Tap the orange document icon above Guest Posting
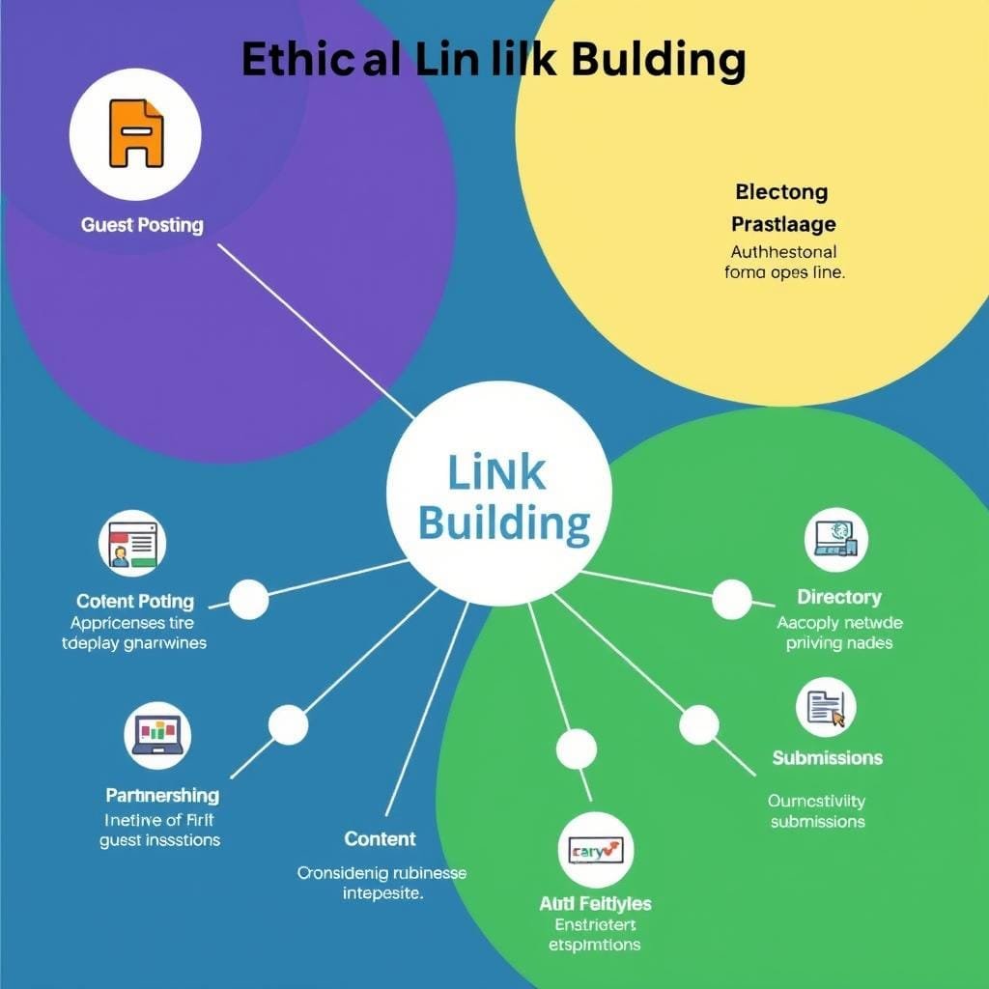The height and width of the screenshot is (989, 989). click(x=136, y=133)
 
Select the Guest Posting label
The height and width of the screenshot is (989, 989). click(x=142, y=225)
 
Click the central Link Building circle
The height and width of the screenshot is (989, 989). click(x=499, y=495)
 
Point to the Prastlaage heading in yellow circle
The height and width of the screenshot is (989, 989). click(x=783, y=224)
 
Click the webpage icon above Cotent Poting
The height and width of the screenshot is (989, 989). click(x=132, y=543)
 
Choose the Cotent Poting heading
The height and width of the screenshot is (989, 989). click(x=135, y=602)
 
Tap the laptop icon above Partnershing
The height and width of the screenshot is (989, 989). click(x=158, y=734)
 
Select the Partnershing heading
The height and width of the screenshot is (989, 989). click(x=162, y=795)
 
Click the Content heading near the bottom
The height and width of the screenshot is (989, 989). click(x=381, y=838)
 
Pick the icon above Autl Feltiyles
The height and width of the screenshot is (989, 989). click(x=596, y=851)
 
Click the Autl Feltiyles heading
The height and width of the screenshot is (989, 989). click(x=595, y=903)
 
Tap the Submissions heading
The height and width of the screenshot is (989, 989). click(x=828, y=757)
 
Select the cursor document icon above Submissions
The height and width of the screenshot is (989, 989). click(x=826, y=708)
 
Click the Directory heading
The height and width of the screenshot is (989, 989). click(x=839, y=597)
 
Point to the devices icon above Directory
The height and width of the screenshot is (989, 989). click(x=835, y=540)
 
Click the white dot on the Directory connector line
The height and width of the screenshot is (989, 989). click(x=731, y=599)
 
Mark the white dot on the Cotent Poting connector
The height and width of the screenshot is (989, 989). click(x=248, y=599)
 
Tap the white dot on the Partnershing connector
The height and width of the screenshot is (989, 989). click(x=288, y=724)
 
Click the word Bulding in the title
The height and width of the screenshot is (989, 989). click(x=658, y=59)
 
